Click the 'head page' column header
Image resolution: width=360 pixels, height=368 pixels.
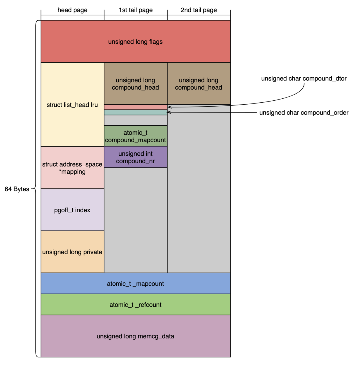pyautogui.click(x=72, y=10)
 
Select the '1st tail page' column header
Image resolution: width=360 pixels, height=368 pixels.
pyautogui.click(x=136, y=10)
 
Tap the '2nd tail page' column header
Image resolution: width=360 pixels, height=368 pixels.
pyautogui.click(x=199, y=10)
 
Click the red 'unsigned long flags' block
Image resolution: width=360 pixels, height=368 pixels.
pyautogui.click(x=135, y=42)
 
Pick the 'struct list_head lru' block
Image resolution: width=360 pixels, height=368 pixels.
pyautogui.click(x=72, y=104)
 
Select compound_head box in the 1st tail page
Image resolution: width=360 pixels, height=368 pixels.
pyautogui.click(x=135, y=84)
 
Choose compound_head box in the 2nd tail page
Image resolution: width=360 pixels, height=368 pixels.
pyautogui.click(x=199, y=84)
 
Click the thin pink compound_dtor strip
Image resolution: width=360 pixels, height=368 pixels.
pyautogui.click(x=135, y=107)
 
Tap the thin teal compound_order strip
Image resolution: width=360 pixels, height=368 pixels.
pyautogui.click(x=135, y=112)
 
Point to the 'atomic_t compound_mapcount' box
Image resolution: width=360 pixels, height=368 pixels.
pyautogui.click(x=135, y=136)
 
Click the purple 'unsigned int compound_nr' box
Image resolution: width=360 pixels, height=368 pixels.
pyautogui.click(x=135, y=157)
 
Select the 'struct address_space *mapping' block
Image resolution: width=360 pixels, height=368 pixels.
pyautogui.click(x=72, y=168)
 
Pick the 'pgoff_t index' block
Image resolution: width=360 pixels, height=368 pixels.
pyautogui.click(x=72, y=210)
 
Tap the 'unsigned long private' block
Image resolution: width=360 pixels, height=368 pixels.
pyautogui.click(x=72, y=252)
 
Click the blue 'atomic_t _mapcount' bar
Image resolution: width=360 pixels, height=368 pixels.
pyautogui.click(x=135, y=284)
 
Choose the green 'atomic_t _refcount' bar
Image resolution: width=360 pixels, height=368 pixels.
pyautogui.click(x=135, y=305)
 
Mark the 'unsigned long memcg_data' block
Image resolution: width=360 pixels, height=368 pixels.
pyautogui.click(x=135, y=336)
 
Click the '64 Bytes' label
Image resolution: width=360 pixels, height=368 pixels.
pyautogui.click(x=17, y=189)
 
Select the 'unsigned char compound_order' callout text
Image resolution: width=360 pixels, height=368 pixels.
pyautogui.click(x=304, y=113)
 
